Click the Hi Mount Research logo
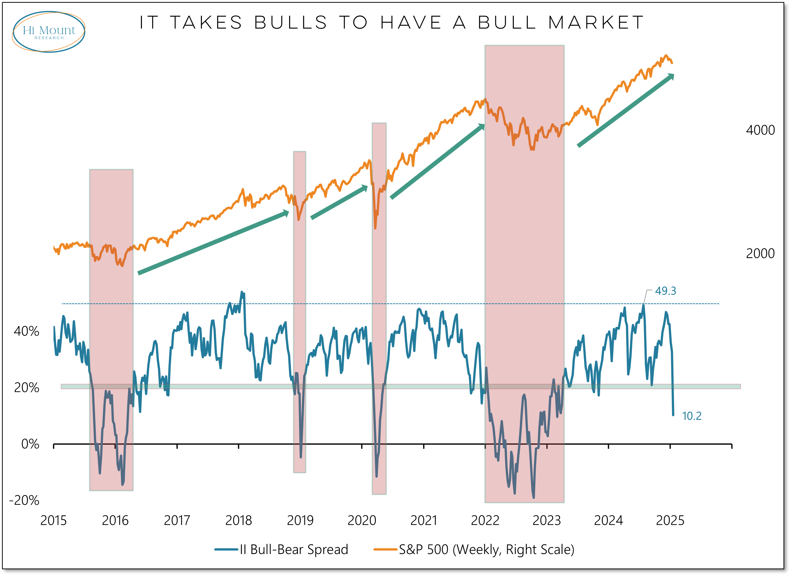[x=49, y=32]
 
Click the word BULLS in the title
[x=291, y=23]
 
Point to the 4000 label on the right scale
[x=760, y=130]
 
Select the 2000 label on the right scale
[x=760, y=253]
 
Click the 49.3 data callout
[x=665, y=291]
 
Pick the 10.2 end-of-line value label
[x=691, y=416]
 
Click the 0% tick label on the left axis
[x=30, y=444]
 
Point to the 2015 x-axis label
[x=53, y=521]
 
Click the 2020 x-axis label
[x=362, y=521]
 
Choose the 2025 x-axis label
[x=670, y=521]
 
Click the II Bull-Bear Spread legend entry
[x=281, y=550]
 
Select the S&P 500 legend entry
[x=474, y=550]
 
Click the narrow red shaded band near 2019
[x=300, y=312]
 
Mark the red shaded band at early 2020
[x=379, y=309]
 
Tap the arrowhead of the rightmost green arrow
[x=671, y=77]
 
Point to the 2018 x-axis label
[x=239, y=521]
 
